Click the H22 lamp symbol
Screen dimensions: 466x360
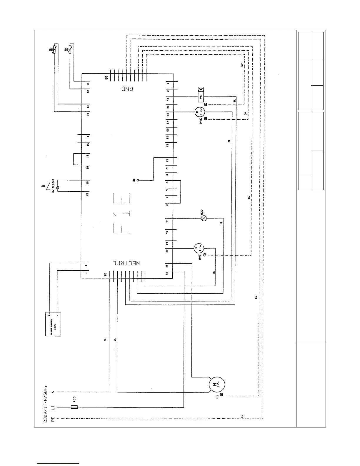tap(203, 218)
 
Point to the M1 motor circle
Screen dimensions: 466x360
tap(217, 384)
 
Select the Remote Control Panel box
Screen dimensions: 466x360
tap(53, 324)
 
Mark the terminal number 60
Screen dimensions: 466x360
tap(106, 78)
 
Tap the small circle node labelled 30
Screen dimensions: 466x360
tap(137, 180)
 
